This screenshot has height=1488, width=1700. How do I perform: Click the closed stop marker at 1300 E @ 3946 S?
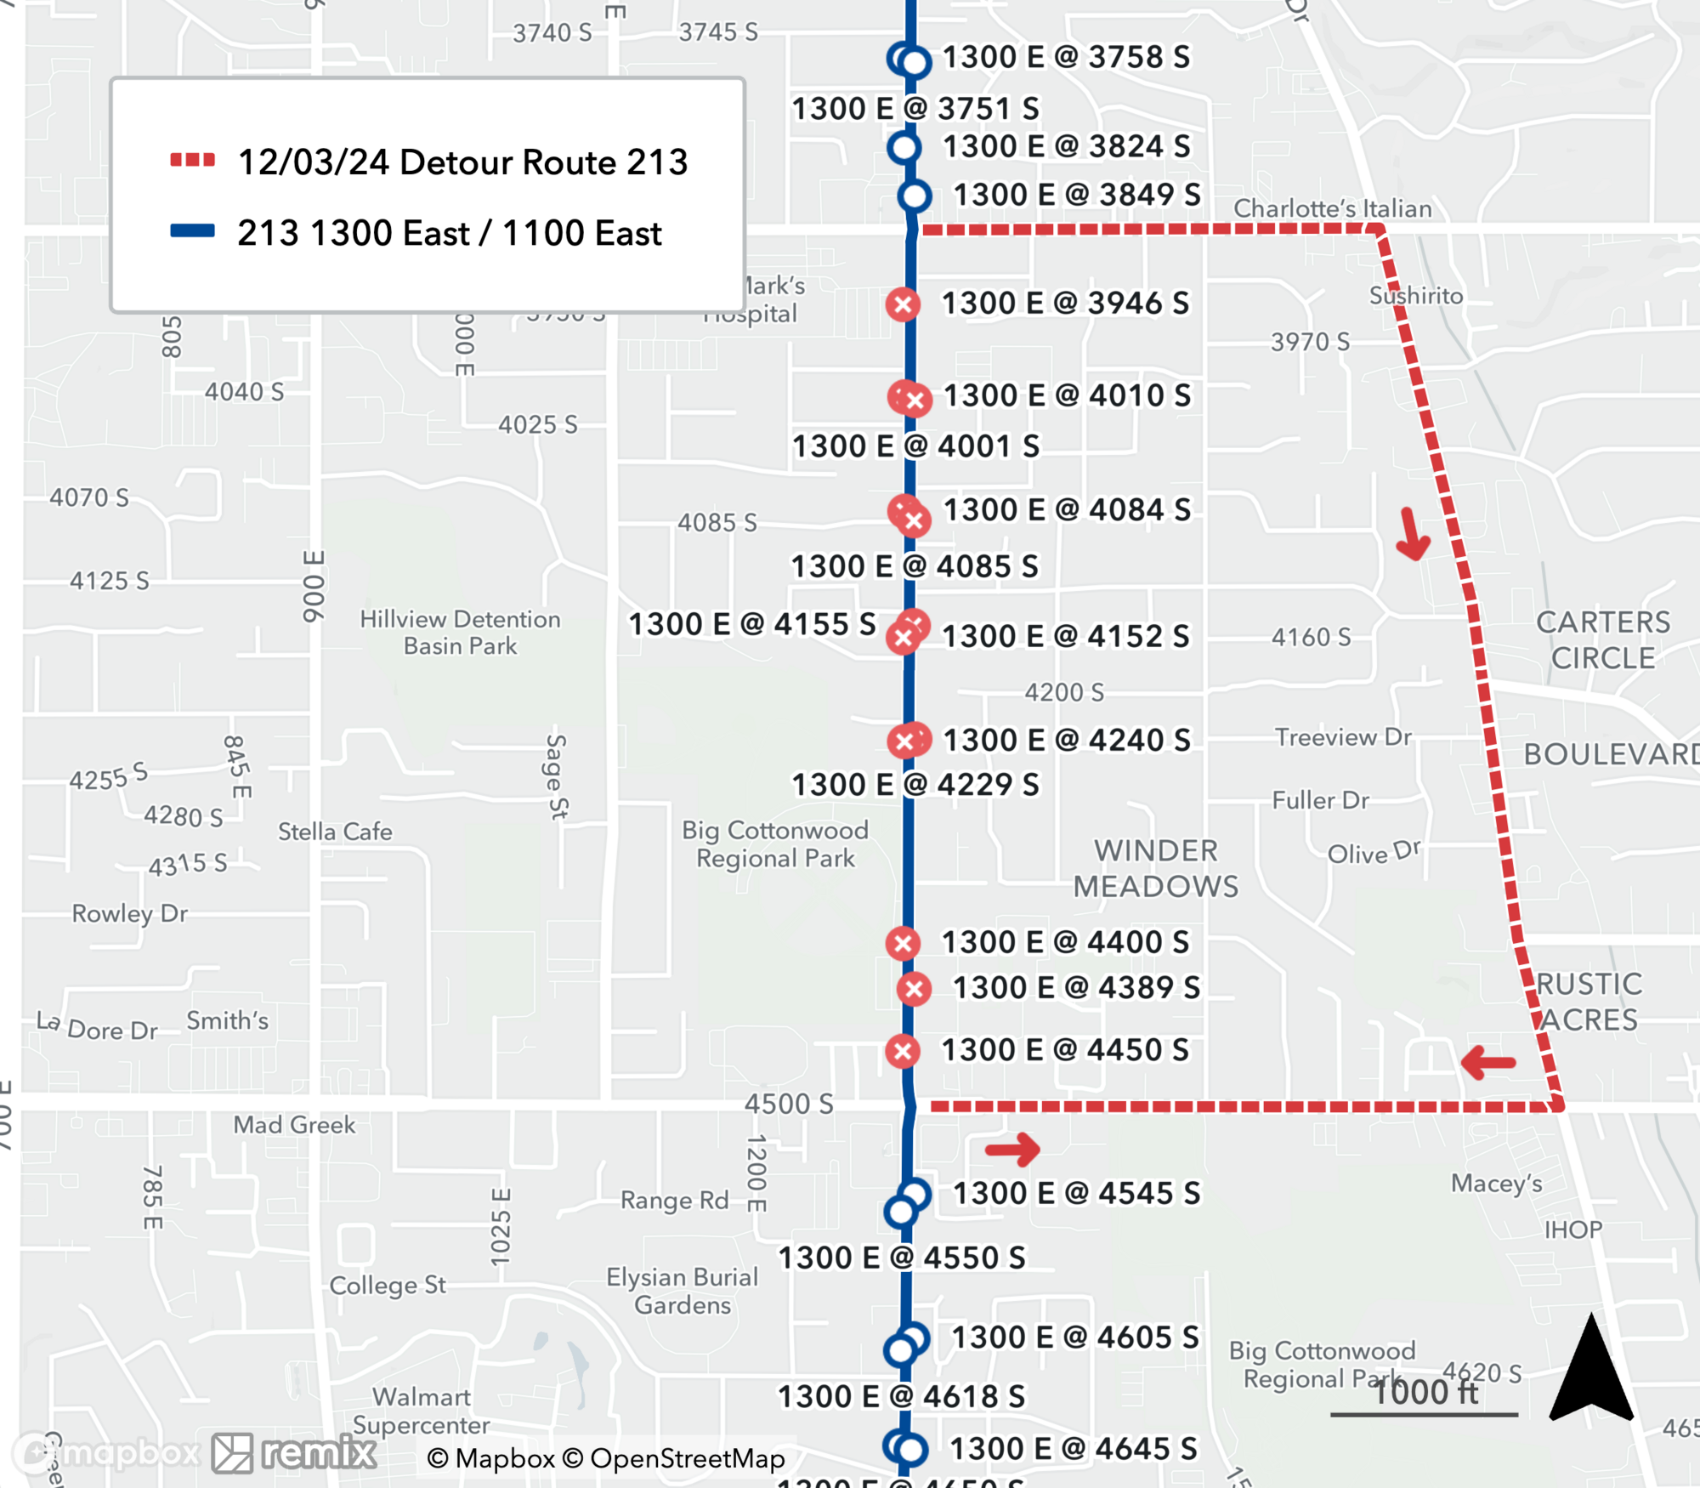point(903,304)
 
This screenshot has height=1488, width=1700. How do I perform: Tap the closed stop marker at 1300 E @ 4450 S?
point(903,1051)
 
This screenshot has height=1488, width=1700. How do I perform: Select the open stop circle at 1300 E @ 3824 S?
point(904,147)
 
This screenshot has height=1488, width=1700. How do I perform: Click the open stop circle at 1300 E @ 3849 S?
point(915,196)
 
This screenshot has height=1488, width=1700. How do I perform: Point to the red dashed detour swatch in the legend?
point(192,160)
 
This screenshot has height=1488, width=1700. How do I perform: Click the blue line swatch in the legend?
point(192,231)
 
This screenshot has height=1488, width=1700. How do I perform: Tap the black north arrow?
point(1591,1369)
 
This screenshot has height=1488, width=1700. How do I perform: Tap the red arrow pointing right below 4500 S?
point(1013,1150)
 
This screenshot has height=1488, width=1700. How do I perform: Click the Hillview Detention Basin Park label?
point(460,632)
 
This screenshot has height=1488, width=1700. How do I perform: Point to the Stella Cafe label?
point(335,832)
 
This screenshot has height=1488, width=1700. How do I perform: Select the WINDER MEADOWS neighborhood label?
point(1156,868)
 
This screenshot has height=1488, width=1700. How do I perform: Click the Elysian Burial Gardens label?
point(682,1291)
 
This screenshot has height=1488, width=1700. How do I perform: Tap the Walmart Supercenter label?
point(422,1411)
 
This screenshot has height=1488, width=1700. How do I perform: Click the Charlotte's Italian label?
point(1332,208)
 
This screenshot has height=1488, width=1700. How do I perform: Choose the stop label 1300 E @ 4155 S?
point(751,624)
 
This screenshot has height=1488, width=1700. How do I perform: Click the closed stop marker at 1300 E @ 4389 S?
point(915,989)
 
